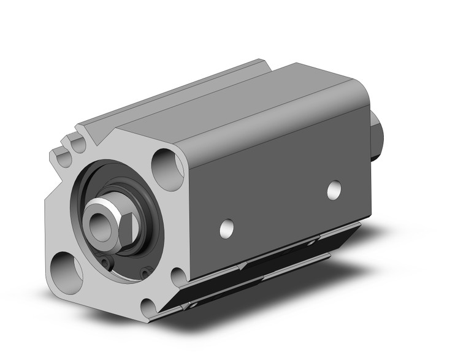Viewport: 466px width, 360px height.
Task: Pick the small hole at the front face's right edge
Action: point(177,278)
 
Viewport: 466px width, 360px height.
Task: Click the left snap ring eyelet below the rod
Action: point(107,264)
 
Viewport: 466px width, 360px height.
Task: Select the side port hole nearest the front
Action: point(227,228)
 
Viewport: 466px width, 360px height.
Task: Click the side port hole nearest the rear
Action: point(334,190)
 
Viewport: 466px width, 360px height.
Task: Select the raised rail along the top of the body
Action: point(178,92)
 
